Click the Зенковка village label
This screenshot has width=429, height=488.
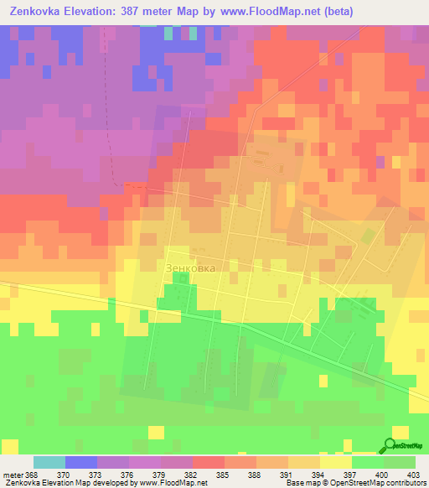click(x=191, y=268)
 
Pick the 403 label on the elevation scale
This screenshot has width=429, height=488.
click(x=414, y=474)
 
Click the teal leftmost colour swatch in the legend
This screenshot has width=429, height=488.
click(x=49, y=462)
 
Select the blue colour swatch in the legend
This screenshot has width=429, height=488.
click(x=81, y=462)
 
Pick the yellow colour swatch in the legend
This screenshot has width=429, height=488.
click(x=336, y=462)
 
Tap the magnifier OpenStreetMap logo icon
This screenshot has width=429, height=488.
click(x=391, y=445)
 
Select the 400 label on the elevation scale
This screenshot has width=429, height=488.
click(x=381, y=474)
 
